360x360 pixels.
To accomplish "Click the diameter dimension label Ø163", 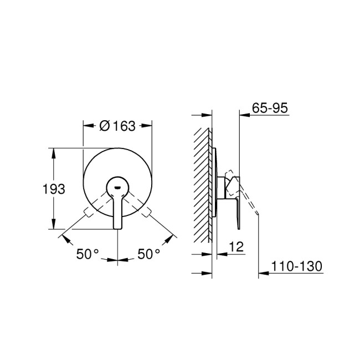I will (x=117, y=126).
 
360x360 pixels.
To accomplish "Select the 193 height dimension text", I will (x=54, y=189).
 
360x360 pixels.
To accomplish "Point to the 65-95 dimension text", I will (x=270, y=109).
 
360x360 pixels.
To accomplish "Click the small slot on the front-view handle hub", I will (x=117, y=187).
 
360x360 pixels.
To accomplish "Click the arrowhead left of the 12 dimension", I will (x=209, y=254).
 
